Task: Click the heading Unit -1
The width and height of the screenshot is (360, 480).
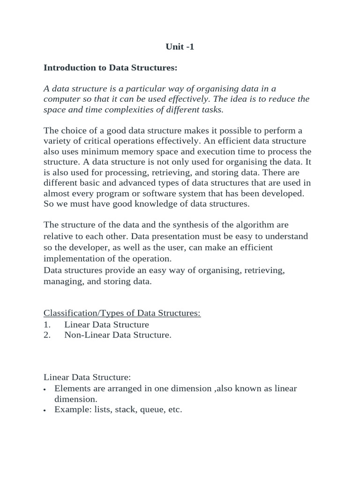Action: coord(180,47)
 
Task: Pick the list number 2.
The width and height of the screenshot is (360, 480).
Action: coord(47,335)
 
